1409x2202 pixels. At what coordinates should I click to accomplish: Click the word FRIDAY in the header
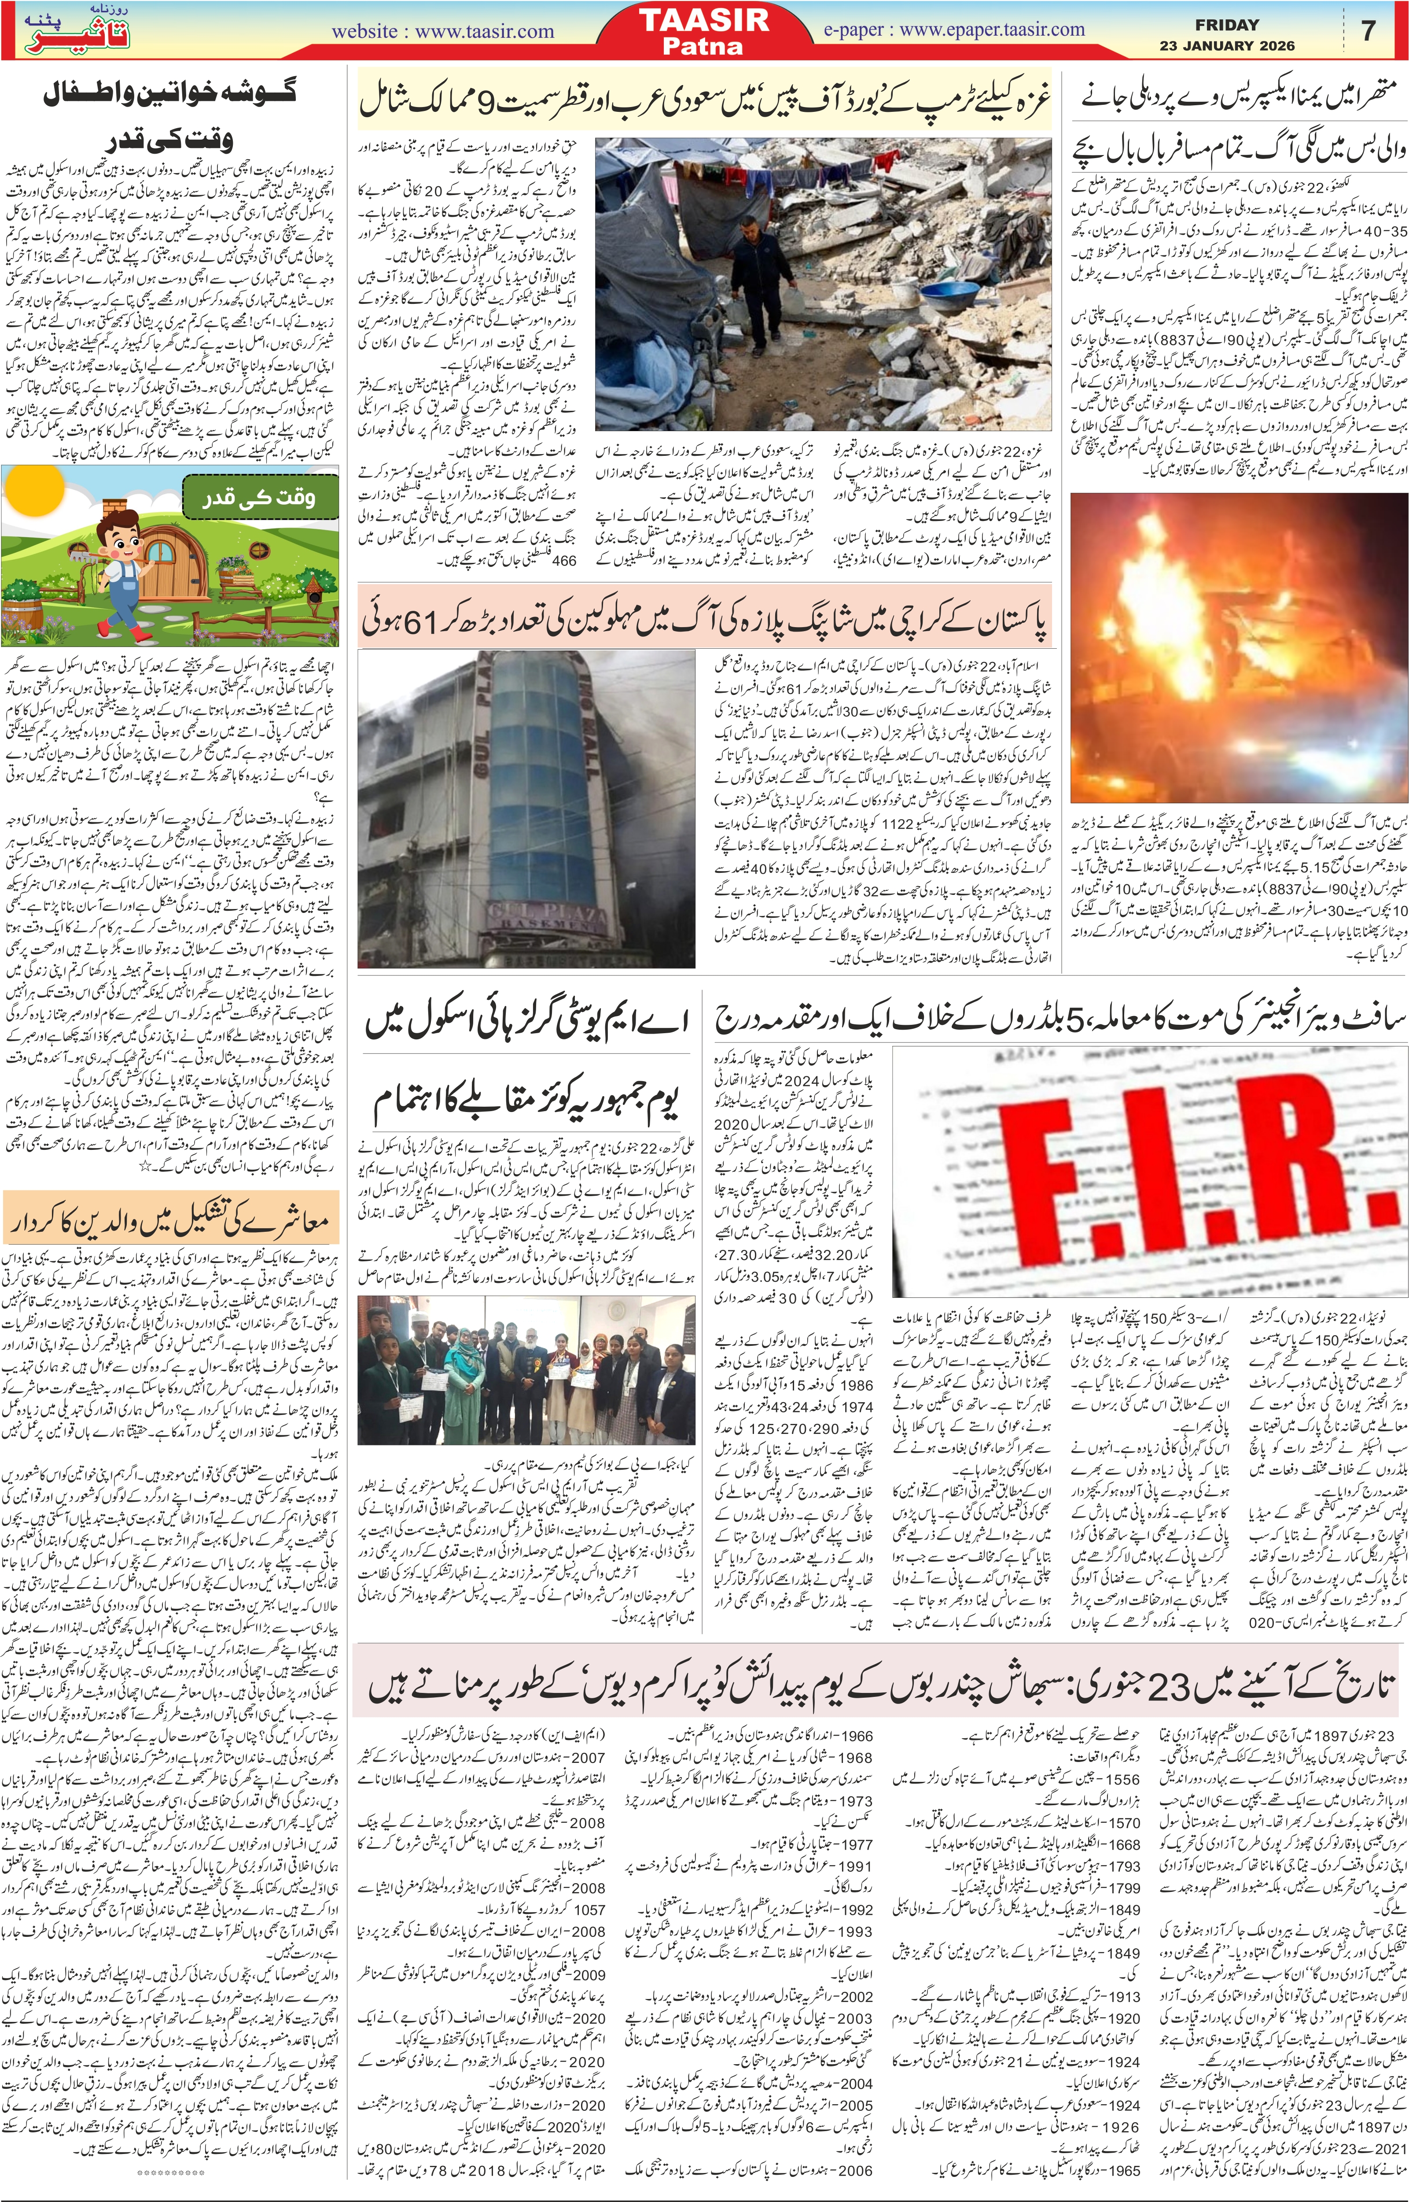(x=1226, y=25)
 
